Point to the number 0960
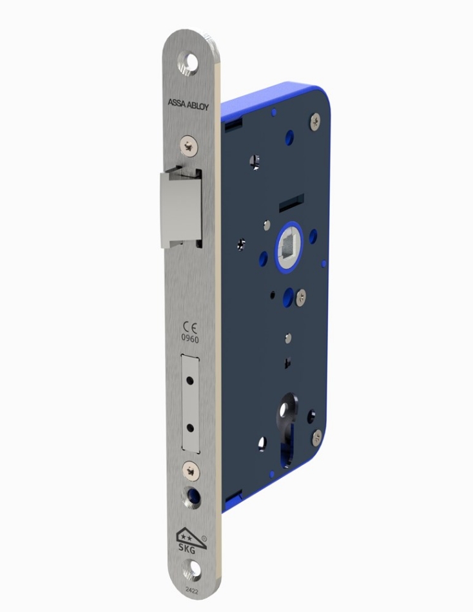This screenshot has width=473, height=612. [190, 339]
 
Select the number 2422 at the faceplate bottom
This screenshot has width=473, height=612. [193, 591]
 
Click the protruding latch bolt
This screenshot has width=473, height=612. [180, 209]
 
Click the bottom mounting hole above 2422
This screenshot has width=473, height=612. [193, 573]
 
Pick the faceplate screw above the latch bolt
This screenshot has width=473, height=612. [189, 145]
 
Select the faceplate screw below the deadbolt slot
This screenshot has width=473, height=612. [191, 470]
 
